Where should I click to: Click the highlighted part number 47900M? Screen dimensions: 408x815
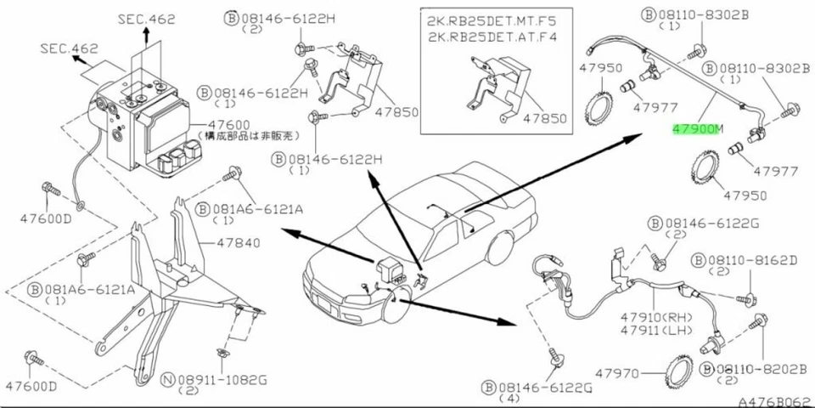click(x=696, y=129)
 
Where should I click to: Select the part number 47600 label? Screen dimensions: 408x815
click(x=219, y=123)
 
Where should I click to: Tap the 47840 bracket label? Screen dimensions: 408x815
click(x=237, y=243)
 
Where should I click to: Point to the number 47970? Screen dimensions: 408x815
click(x=617, y=373)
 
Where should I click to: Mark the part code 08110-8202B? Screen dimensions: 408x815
click(x=759, y=369)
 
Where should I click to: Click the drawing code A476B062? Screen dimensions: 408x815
click(x=773, y=399)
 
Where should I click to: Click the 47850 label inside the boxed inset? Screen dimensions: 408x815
click(x=546, y=119)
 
